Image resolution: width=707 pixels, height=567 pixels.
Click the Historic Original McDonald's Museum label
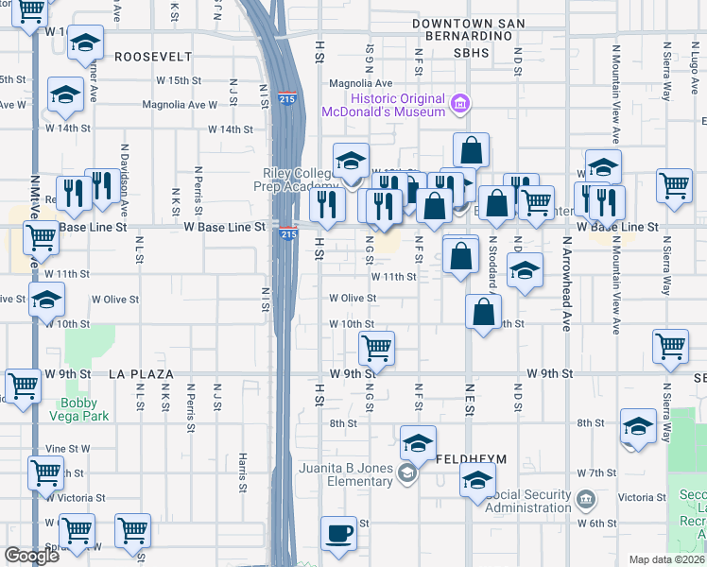tap(397, 105)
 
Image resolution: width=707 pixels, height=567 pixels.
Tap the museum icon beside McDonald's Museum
tap(459, 102)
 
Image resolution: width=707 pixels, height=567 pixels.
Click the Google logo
tap(32, 556)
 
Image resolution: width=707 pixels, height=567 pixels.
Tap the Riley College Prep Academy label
tap(300, 179)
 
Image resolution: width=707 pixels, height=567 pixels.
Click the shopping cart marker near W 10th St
tap(376, 350)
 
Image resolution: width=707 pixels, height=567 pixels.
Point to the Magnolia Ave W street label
tap(181, 105)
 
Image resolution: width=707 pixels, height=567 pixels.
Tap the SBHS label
tap(471, 53)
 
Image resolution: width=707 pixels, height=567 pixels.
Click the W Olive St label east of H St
tap(353, 298)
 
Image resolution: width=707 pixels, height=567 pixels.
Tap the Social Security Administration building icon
tap(585, 497)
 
